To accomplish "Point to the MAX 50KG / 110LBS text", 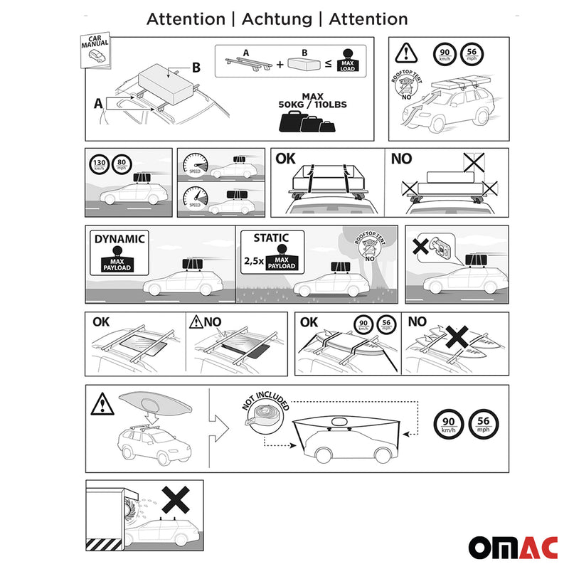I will click(x=313, y=101).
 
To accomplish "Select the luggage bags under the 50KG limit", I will click(x=308, y=123).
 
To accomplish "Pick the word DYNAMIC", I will click(x=119, y=239).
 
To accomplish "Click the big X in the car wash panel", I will click(x=174, y=501).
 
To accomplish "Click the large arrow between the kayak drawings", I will click(x=220, y=429).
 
